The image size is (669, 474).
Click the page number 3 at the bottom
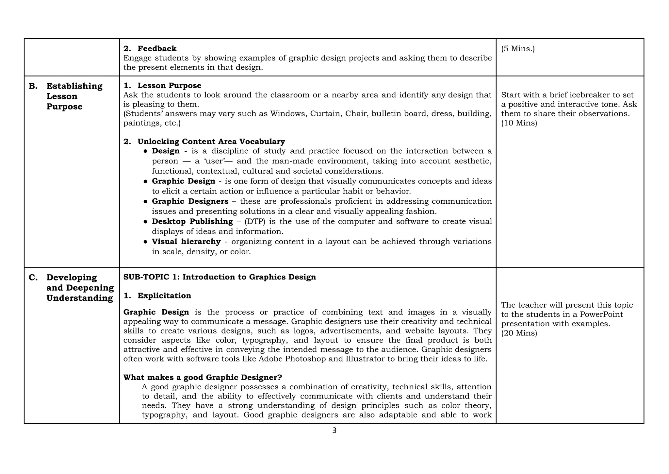click(334, 431)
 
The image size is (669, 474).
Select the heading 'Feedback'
click(157, 49)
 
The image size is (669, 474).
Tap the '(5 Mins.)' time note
click(518, 49)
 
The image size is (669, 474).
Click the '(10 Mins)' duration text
click(519, 123)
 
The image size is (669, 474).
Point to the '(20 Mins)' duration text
click(519, 333)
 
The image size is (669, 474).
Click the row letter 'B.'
click(33, 86)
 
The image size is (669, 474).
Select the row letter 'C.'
click(33, 278)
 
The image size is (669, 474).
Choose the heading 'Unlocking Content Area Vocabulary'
click(211, 142)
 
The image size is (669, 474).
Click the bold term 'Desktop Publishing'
click(192, 222)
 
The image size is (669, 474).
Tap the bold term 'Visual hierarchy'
click(186, 242)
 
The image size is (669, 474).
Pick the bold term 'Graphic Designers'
click(190, 201)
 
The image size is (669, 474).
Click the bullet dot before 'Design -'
click(145, 151)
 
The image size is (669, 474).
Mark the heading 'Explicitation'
click(164, 296)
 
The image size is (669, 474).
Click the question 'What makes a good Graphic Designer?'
click(203, 378)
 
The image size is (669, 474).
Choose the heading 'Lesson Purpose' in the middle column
click(169, 86)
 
